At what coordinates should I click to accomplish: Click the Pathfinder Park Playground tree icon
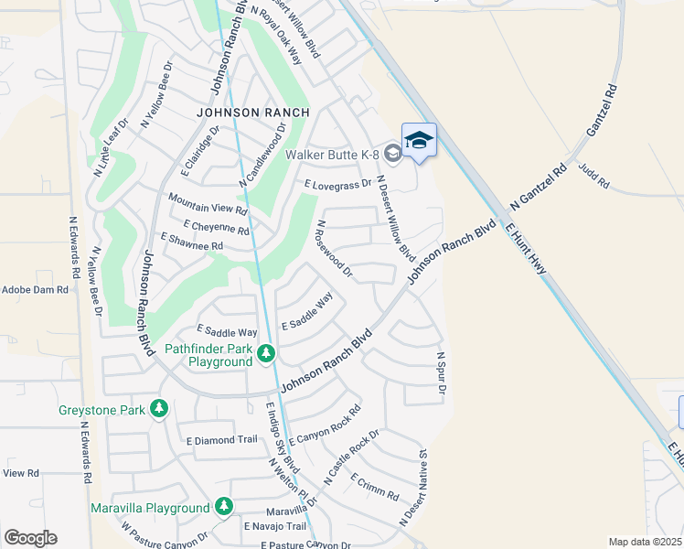click(266, 352)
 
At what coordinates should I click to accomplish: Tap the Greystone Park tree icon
click(159, 408)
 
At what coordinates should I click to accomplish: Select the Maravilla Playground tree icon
click(223, 506)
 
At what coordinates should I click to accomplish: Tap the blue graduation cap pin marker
click(419, 141)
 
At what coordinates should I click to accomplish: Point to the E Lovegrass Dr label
click(338, 184)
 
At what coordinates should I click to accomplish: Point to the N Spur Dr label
click(440, 374)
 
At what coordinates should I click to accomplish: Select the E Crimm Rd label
click(374, 489)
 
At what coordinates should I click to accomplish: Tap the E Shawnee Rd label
click(191, 242)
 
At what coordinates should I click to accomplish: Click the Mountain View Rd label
click(208, 203)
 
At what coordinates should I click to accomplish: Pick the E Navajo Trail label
click(274, 526)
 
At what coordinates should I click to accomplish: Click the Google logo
click(30, 538)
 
